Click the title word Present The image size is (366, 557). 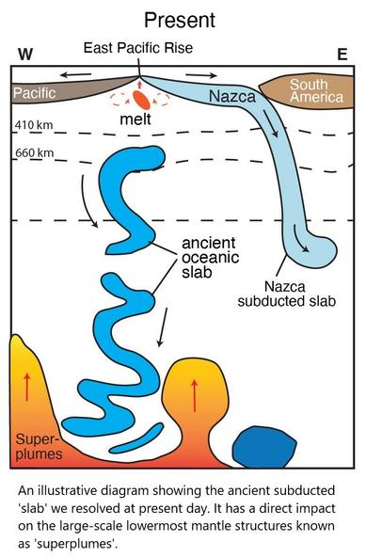pyautogui.click(x=180, y=21)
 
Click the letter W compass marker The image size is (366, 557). pyautogui.click(x=25, y=55)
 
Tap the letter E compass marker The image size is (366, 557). pyautogui.click(x=342, y=55)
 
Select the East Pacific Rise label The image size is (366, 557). pyautogui.click(x=138, y=48)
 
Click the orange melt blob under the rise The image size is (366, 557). pyautogui.click(x=141, y=100)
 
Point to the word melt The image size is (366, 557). pyautogui.click(x=135, y=119)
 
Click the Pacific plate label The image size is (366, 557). pyautogui.click(x=35, y=93)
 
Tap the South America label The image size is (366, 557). pyautogui.click(x=317, y=91)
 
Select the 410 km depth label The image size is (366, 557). pyautogui.click(x=34, y=125)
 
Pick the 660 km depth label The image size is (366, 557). pyautogui.click(x=35, y=153)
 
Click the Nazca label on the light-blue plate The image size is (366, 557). pyautogui.click(x=232, y=96)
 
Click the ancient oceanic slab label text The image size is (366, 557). pyautogui.click(x=210, y=258)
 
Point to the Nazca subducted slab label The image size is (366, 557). pyautogui.click(x=286, y=294)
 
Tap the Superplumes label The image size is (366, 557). pyautogui.click(x=39, y=447)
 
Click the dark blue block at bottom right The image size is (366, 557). pyautogui.click(x=264, y=447)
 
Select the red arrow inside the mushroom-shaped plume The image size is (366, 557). pyautogui.click(x=194, y=396)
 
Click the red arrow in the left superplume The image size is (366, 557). pyautogui.click(x=27, y=387)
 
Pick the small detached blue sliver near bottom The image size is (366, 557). pyautogui.click(x=136, y=438)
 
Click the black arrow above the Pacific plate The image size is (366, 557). pyautogui.click(x=75, y=75)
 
